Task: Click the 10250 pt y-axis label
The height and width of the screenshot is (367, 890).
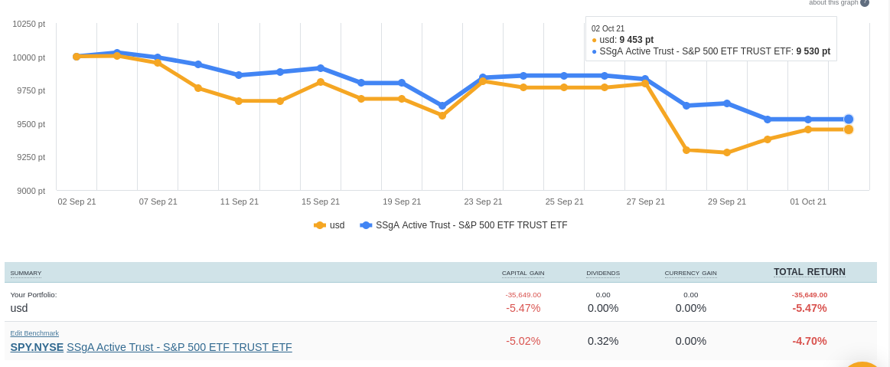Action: (x=29, y=24)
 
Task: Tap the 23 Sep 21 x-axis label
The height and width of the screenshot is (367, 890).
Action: (x=483, y=202)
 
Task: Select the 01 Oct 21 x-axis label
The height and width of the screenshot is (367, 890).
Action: (x=808, y=202)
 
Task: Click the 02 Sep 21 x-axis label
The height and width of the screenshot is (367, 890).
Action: (x=77, y=202)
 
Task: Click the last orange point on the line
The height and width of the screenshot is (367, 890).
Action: (x=849, y=129)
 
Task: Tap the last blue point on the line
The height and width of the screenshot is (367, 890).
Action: (x=849, y=119)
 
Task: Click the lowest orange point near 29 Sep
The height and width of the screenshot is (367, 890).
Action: (x=727, y=152)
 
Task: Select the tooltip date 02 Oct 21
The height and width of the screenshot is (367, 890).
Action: (x=608, y=28)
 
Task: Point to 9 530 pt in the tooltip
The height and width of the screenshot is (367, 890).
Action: (x=813, y=51)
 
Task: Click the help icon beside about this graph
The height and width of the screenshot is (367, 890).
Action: (x=865, y=2)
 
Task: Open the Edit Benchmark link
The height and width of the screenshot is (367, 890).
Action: (x=34, y=333)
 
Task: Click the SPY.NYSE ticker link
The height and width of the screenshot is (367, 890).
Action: (x=37, y=347)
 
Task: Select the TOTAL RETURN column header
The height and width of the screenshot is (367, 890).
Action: (x=809, y=272)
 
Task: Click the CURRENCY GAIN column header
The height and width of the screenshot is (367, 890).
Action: (x=690, y=274)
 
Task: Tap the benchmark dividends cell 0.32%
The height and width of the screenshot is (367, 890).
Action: (x=603, y=341)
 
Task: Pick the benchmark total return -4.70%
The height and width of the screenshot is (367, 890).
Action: (x=809, y=341)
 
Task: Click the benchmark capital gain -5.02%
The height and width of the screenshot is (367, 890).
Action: (x=523, y=341)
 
